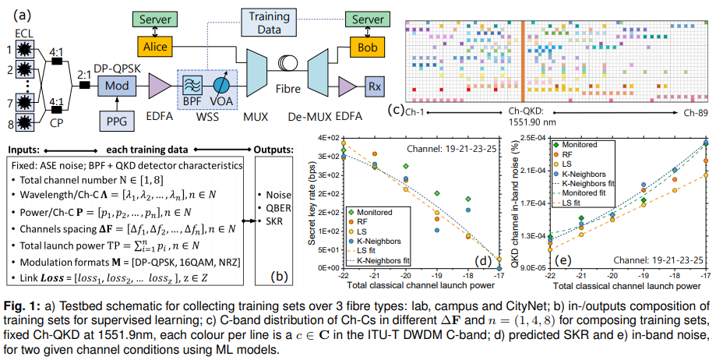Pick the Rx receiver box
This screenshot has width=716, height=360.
coord(374,84)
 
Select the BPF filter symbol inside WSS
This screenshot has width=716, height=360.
coord(192,83)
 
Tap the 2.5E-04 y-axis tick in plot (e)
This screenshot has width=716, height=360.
coord(532,138)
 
